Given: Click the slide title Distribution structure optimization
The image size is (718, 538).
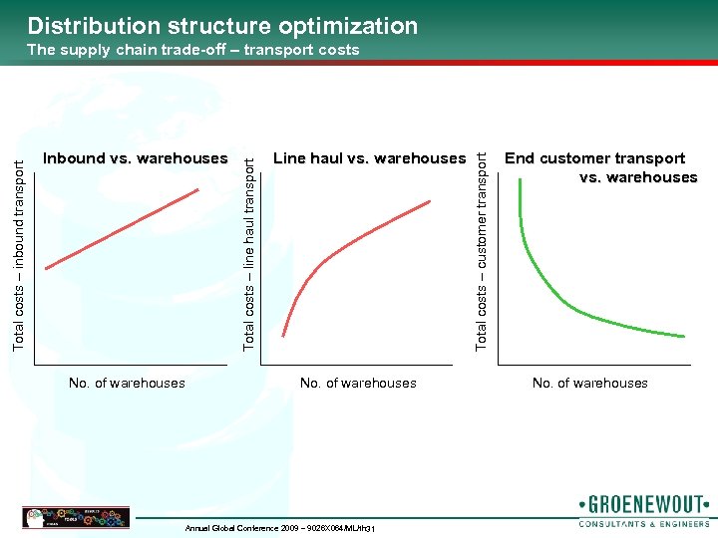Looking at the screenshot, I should click(x=222, y=26).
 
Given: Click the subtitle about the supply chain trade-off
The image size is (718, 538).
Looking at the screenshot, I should click(x=193, y=50).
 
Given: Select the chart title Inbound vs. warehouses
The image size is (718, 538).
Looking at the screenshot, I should click(x=136, y=158).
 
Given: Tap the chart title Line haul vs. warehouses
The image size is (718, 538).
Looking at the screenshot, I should click(x=369, y=158).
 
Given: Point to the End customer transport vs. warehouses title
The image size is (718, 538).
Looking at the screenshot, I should click(x=600, y=167).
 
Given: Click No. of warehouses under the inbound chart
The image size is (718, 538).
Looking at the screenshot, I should click(x=127, y=383).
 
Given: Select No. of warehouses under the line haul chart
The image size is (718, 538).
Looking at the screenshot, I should click(x=358, y=383).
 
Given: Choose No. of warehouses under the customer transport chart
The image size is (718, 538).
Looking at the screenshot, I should click(x=589, y=383).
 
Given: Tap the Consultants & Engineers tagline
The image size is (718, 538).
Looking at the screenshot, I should click(x=643, y=522).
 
